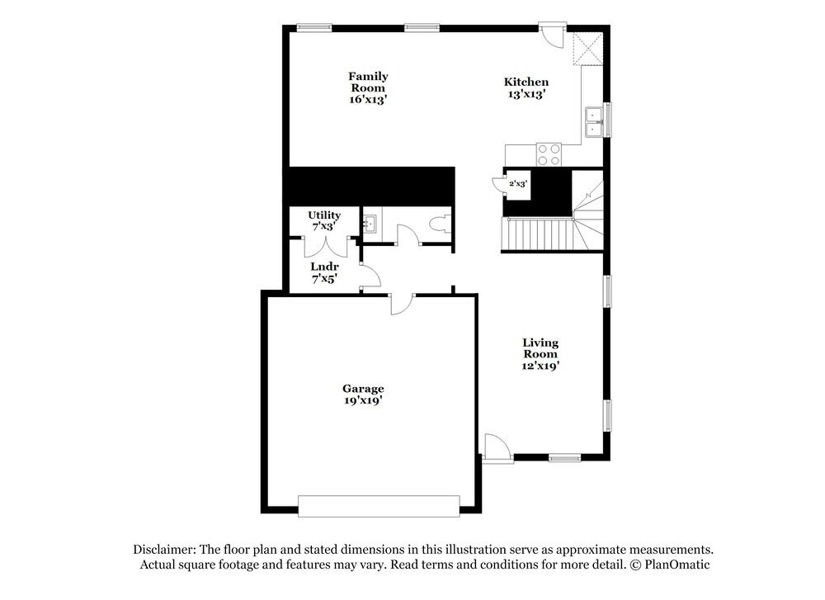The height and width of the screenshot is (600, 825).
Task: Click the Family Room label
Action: pyautogui.click(x=368, y=87)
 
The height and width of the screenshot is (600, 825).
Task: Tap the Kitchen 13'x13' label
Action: pyautogui.click(x=526, y=87)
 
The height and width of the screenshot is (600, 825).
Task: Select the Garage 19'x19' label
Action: pyautogui.click(x=363, y=394)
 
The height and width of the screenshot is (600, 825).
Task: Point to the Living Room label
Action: pyautogui.click(x=540, y=353)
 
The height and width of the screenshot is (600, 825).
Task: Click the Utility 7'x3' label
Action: pyautogui.click(x=324, y=220)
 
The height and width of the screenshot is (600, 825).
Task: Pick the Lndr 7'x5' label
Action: pyautogui.click(x=324, y=273)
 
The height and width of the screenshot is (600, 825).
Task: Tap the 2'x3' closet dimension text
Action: pyautogui.click(x=517, y=183)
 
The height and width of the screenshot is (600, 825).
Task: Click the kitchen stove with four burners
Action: pyautogui.click(x=549, y=154)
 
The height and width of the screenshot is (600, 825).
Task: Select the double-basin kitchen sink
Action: pyautogui.click(x=593, y=122)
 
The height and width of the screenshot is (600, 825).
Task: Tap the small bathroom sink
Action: pyautogui.click(x=370, y=222)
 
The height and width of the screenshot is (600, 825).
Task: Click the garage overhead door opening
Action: pyautogui.click(x=379, y=506)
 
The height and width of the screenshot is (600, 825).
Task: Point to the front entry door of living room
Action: pyautogui.click(x=497, y=450)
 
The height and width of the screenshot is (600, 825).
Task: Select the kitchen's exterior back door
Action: pyautogui.click(x=550, y=35)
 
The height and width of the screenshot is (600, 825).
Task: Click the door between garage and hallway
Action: pyautogui.click(x=401, y=303)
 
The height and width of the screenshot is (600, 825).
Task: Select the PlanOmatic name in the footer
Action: pyautogui.click(x=676, y=565)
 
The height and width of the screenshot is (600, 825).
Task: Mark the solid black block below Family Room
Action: pyautogui.click(x=369, y=185)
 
